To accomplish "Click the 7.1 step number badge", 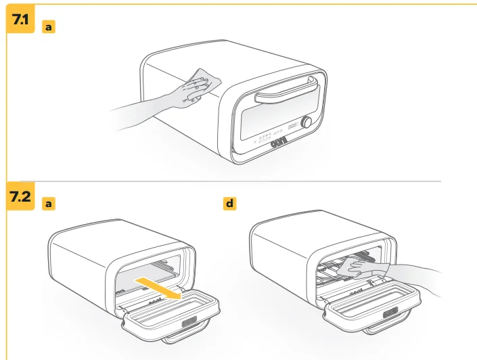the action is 20,19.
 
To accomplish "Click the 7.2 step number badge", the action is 20,196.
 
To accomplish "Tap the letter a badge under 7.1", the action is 49,27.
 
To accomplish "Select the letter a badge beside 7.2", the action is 49,203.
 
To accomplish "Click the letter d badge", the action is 229,203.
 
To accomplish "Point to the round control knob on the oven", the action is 306,122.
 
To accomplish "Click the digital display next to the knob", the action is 293,126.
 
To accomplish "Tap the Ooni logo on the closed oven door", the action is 279,142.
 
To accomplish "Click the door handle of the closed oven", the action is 286,91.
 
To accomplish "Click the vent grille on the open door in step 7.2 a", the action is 189,321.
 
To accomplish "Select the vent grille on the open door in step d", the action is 390,313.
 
